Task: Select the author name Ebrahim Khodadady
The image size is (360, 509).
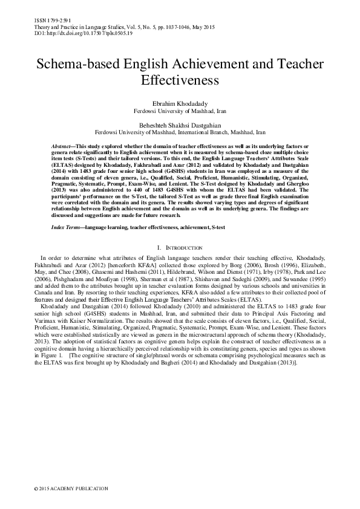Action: [x=180, y=104]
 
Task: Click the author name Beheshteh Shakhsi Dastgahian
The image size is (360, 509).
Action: [x=180, y=123]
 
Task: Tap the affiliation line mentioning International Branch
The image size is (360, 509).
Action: [x=180, y=131]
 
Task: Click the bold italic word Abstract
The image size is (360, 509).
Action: [x=61, y=147]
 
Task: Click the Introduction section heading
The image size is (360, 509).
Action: [x=180, y=248]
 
